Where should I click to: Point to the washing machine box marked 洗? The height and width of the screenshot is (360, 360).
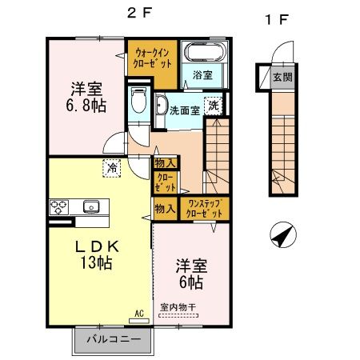[x=214, y=105]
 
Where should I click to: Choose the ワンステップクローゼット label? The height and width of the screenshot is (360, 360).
[x=204, y=210]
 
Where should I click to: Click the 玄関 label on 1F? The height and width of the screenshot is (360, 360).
[x=282, y=78]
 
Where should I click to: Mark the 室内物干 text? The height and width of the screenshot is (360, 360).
[x=178, y=307]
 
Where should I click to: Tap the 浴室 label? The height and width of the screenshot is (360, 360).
[x=202, y=77]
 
